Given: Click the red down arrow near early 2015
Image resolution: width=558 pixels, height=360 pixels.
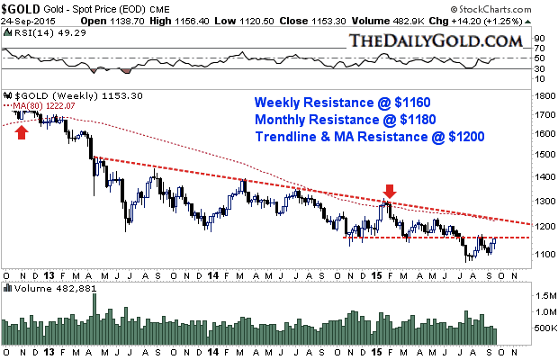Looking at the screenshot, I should click(x=389, y=191).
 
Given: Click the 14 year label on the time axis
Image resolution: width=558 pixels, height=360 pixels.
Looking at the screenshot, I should click(x=212, y=274).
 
